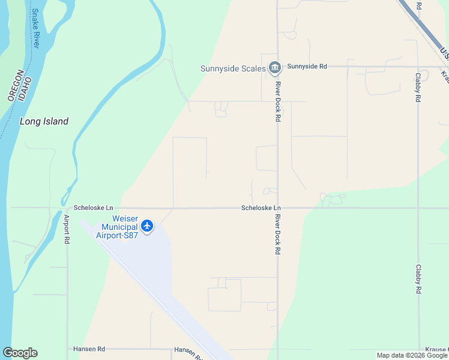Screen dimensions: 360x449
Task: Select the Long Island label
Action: point(44,121)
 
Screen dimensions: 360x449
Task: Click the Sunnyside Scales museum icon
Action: point(275,67)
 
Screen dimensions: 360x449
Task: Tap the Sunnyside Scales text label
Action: point(233,68)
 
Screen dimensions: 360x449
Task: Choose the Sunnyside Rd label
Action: point(307,67)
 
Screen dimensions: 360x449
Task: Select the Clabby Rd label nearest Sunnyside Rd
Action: point(418,87)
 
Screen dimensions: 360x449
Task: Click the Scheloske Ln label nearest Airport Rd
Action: point(93,208)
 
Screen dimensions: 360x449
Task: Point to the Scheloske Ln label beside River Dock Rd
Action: point(261,208)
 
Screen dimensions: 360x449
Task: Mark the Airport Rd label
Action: point(67,228)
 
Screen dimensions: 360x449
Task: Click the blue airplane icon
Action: point(147,226)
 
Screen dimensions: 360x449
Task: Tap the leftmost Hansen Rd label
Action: point(89,349)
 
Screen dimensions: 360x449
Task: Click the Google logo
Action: point(20,353)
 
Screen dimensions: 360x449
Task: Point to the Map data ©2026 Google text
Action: point(411,355)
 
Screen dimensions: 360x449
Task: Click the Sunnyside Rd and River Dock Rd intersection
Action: point(277,67)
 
